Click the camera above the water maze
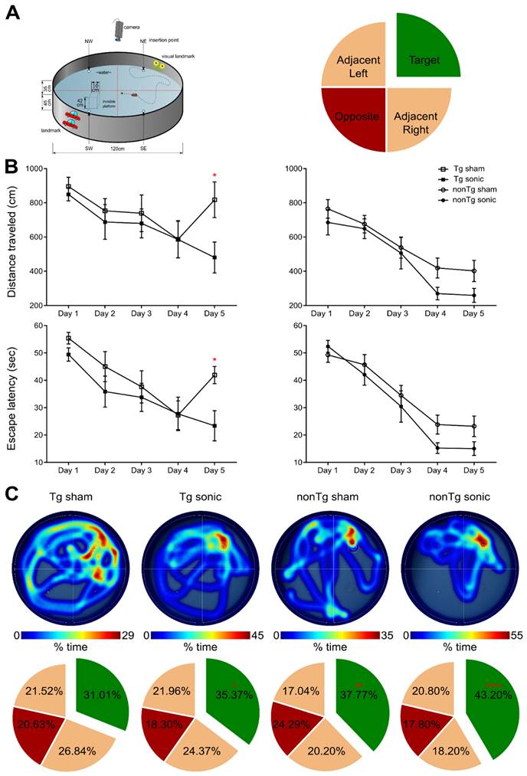(119, 28)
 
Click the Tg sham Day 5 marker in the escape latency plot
(215, 375)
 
